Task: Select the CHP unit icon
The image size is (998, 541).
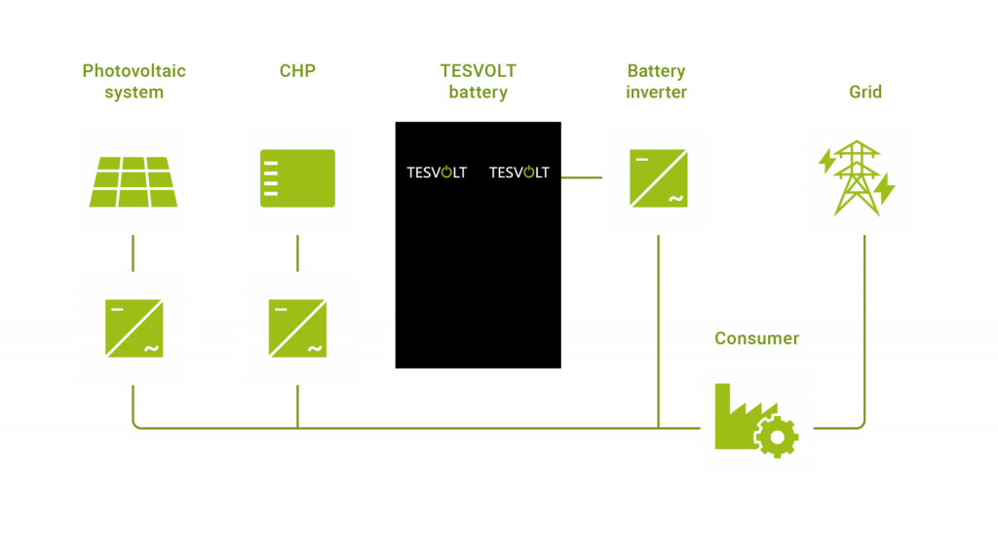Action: [x=297, y=178]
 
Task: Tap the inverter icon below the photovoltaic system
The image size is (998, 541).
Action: [x=134, y=328]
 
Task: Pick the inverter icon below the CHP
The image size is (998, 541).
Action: [x=297, y=328]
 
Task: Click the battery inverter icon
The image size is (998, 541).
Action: [x=658, y=178]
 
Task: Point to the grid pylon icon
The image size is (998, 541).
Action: [x=856, y=178]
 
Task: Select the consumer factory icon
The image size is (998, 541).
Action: [x=755, y=420]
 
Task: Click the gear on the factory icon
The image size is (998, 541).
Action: [x=777, y=437]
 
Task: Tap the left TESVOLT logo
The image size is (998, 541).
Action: [x=437, y=173]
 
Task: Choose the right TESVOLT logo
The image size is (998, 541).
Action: [x=518, y=173]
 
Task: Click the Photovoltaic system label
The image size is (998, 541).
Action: [x=134, y=82]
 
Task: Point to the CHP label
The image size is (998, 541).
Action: [x=297, y=70]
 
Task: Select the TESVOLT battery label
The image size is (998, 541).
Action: [x=478, y=82]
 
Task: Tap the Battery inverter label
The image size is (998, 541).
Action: [x=656, y=82]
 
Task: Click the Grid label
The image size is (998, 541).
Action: [x=864, y=93]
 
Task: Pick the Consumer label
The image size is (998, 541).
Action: [x=756, y=339]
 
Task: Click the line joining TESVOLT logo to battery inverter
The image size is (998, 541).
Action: [x=581, y=177]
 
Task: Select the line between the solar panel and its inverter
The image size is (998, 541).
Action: [x=134, y=253]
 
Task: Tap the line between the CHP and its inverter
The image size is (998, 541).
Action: [x=297, y=253]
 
